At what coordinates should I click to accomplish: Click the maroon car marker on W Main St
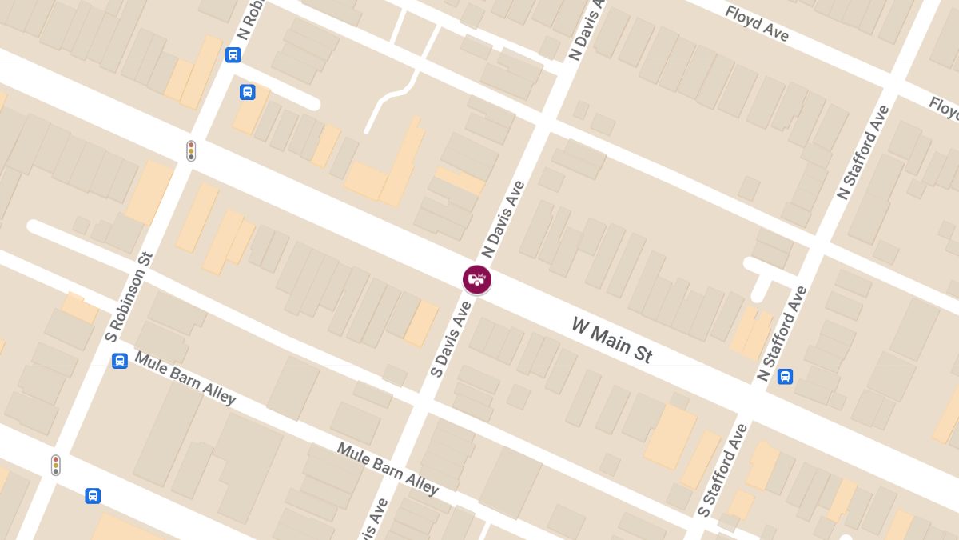pos(477,279)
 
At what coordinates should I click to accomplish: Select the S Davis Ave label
pos(451,338)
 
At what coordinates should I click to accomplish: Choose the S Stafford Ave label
pos(722,470)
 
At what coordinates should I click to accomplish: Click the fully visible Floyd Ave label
pos(756,24)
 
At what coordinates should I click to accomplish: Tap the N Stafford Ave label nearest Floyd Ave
pos(862,153)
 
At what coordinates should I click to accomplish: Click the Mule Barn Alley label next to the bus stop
pos(185,378)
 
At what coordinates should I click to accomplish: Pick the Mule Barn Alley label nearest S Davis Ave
pos(388,468)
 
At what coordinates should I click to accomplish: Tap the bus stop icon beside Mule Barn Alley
pos(120,361)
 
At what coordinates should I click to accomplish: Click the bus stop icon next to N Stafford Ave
pos(786,376)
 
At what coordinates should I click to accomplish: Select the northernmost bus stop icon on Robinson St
pos(233,55)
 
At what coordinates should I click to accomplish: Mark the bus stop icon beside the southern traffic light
pos(93,496)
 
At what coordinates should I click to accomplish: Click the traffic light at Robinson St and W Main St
pos(191,150)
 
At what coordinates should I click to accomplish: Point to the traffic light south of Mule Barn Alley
pos(56,465)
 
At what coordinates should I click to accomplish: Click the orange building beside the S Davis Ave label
pos(421,323)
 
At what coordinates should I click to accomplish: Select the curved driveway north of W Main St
pos(387,101)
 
